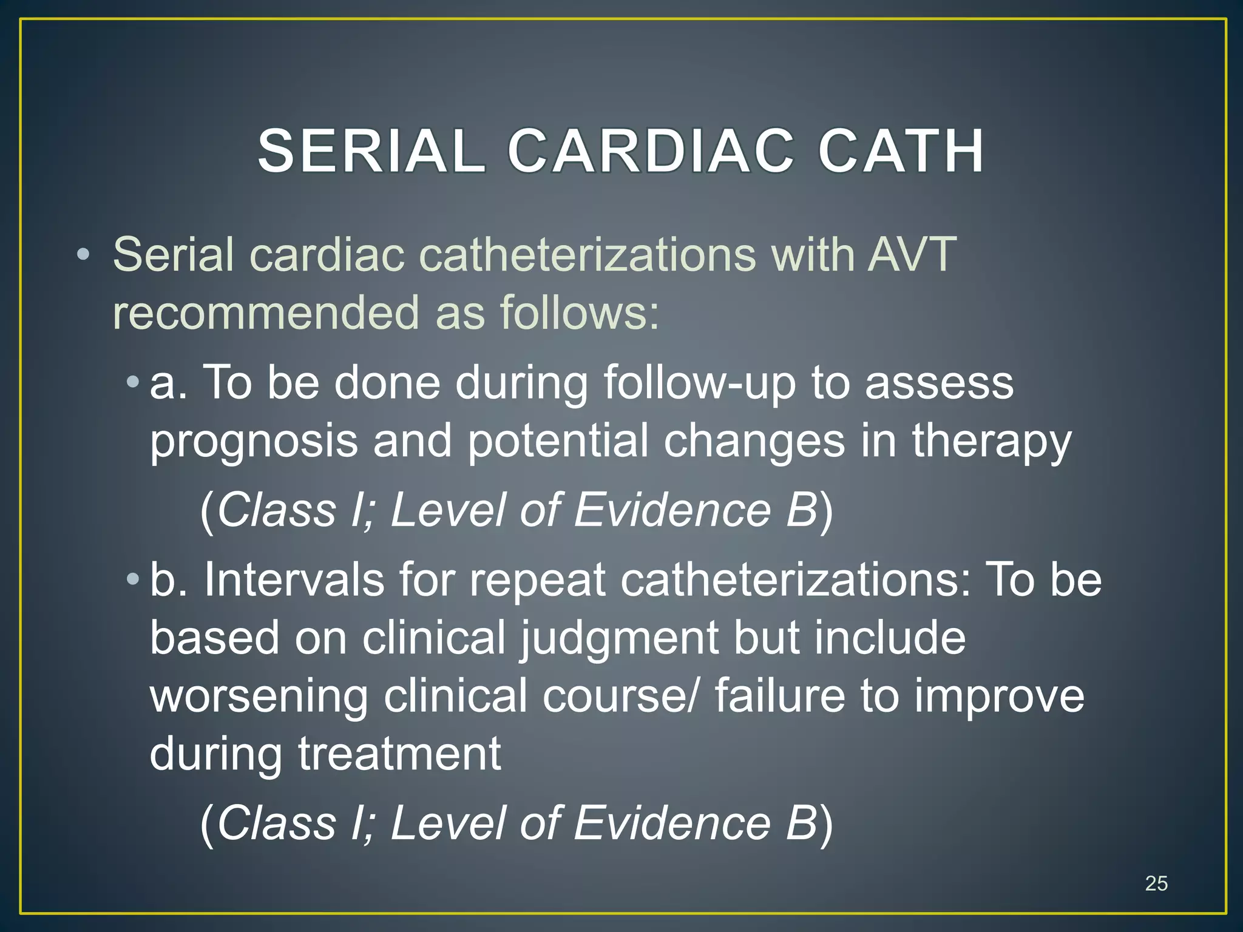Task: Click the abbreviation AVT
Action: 912,254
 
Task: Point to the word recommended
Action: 266,312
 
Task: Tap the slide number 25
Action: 1156,883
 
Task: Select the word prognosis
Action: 254,442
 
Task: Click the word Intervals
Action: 294,579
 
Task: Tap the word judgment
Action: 618,638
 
